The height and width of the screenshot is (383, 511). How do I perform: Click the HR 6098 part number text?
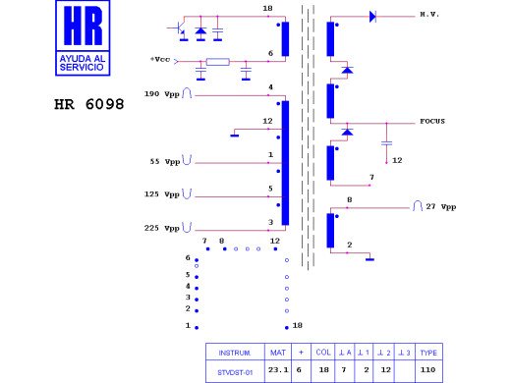point(89,104)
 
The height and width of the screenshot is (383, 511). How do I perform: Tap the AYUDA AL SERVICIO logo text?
point(83,63)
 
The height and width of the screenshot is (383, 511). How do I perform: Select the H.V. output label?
point(429,15)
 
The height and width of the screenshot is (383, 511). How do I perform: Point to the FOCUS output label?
point(432,121)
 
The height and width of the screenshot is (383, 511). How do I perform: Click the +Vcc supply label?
point(160,59)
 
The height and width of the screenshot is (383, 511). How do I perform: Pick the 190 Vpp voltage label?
point(162,94)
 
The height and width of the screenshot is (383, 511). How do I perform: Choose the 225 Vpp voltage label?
point(162,228)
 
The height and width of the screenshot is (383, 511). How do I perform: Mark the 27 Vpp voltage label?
point(441,207)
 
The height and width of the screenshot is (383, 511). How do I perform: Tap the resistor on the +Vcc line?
point(218,62)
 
